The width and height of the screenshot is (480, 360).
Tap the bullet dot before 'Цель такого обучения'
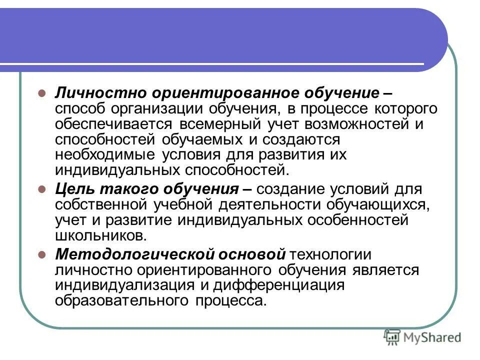pyautogui.click(x=42, y=190)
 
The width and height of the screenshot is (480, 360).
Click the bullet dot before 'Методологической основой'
pyautogui.click(x=42, y=255)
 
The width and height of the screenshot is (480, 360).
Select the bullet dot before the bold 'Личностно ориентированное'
pyautogui.click(x=42, y=93)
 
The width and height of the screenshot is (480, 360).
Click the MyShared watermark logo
pyautogui.click(x=422, y=337)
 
